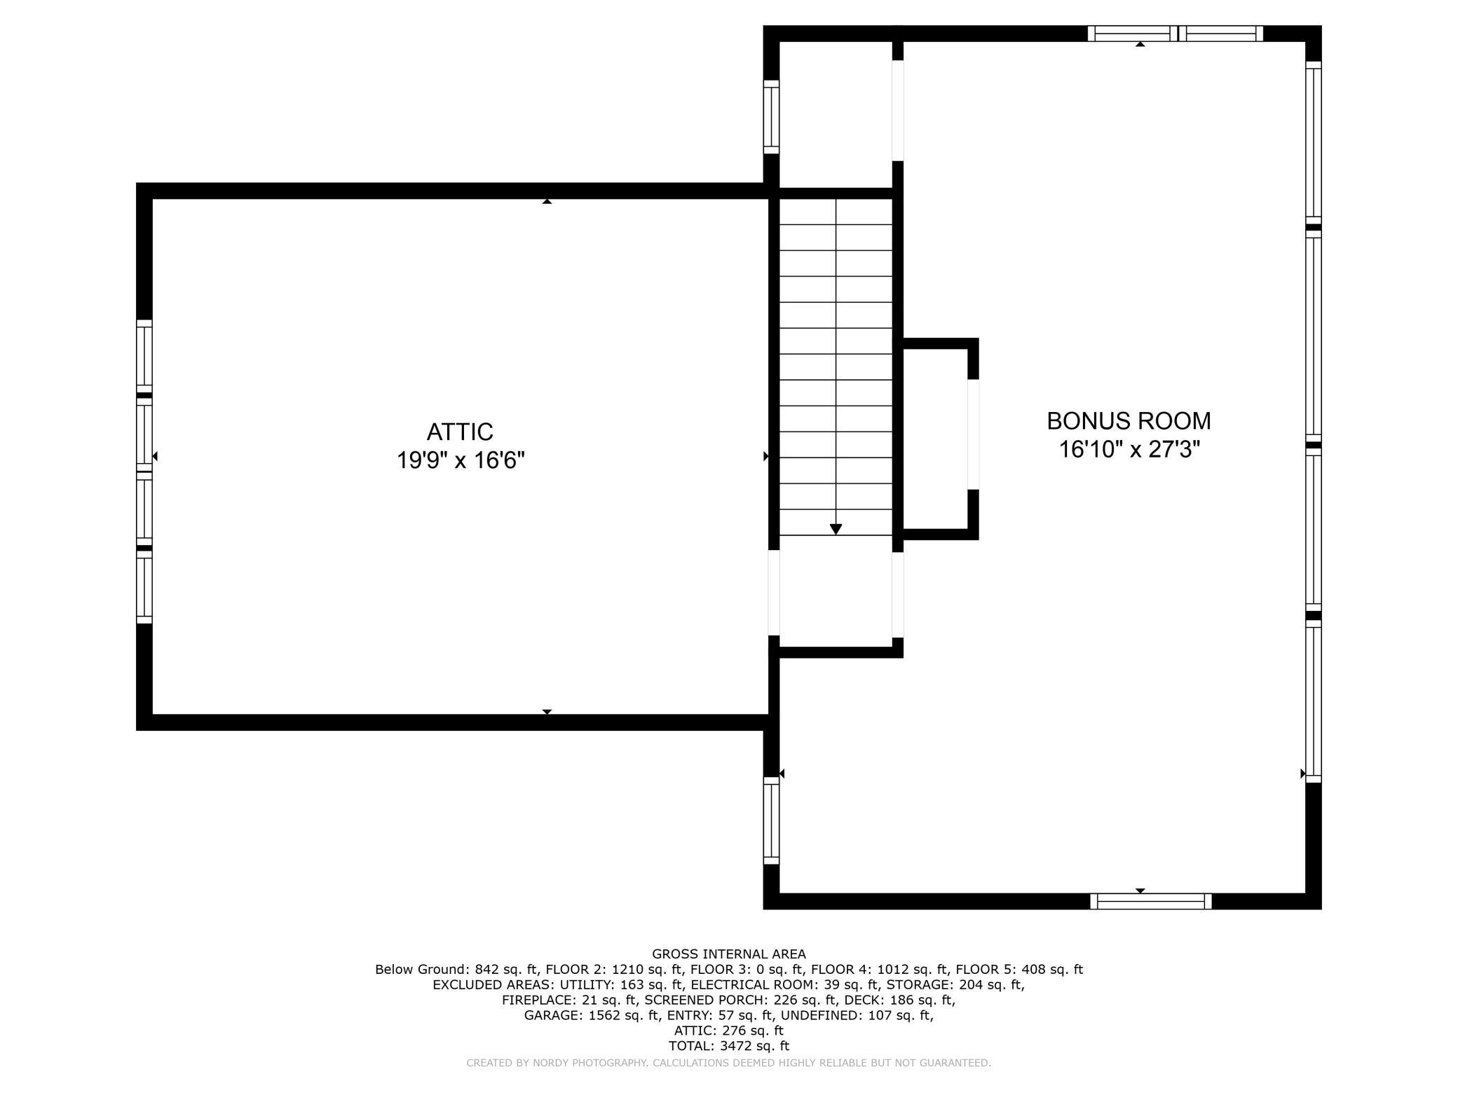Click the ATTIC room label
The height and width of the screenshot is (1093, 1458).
(x=460, y=431)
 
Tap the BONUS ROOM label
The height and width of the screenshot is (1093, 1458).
(x=1129, y=421)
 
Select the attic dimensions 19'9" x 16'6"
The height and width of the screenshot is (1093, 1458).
(x=461, y=460)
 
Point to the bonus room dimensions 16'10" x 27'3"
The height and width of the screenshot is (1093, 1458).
(x=1129, y=449)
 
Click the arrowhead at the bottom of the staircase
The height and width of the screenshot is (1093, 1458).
(x=836, y=530)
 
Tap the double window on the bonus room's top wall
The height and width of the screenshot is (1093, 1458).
(x=1176, y=34)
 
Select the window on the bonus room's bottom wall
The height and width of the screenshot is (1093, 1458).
(x=1151, y=901)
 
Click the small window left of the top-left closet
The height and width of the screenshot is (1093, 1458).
(x=771, y=117)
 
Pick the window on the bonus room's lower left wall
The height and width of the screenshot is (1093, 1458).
(x=771, y=820)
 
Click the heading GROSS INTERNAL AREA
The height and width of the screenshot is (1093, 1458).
(x=729, y=954)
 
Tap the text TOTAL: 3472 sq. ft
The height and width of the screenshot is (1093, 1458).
(x=729, y=1046)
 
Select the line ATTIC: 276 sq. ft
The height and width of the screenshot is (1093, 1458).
(x=729, y=1031)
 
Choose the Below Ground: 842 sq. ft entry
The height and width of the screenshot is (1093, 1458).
(x=457, y=970)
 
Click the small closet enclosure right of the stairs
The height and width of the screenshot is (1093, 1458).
(x=936, y=439)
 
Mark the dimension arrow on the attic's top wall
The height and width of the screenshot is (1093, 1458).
(x=547, y=201)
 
